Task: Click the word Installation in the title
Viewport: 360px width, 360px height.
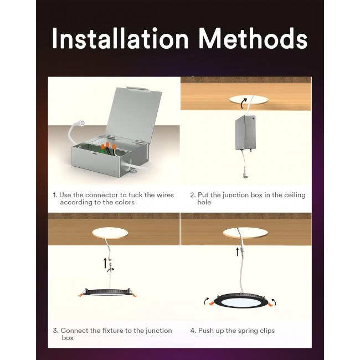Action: (120, 38)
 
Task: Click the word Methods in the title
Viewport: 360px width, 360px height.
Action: (253, 38)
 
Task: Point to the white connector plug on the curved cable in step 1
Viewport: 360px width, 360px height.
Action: (80, 123)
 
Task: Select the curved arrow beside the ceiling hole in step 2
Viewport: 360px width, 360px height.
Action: (243, 103)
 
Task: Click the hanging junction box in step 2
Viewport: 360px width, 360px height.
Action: (245, 132)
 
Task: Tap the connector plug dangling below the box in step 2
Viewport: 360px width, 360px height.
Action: (245, 174)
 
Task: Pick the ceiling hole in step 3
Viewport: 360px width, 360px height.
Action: (110, 233)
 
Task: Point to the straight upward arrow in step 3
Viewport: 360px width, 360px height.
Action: (105, 263)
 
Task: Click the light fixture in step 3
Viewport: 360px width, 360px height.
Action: (107, 292)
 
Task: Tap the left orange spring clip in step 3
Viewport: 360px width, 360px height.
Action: (81, 295)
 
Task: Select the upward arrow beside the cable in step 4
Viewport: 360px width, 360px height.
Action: (238, 251)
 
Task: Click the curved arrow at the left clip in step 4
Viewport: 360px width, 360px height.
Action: (207, 301)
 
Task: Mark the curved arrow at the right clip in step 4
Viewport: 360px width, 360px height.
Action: (274, 302)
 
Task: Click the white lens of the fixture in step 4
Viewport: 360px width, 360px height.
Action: (241, 302)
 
